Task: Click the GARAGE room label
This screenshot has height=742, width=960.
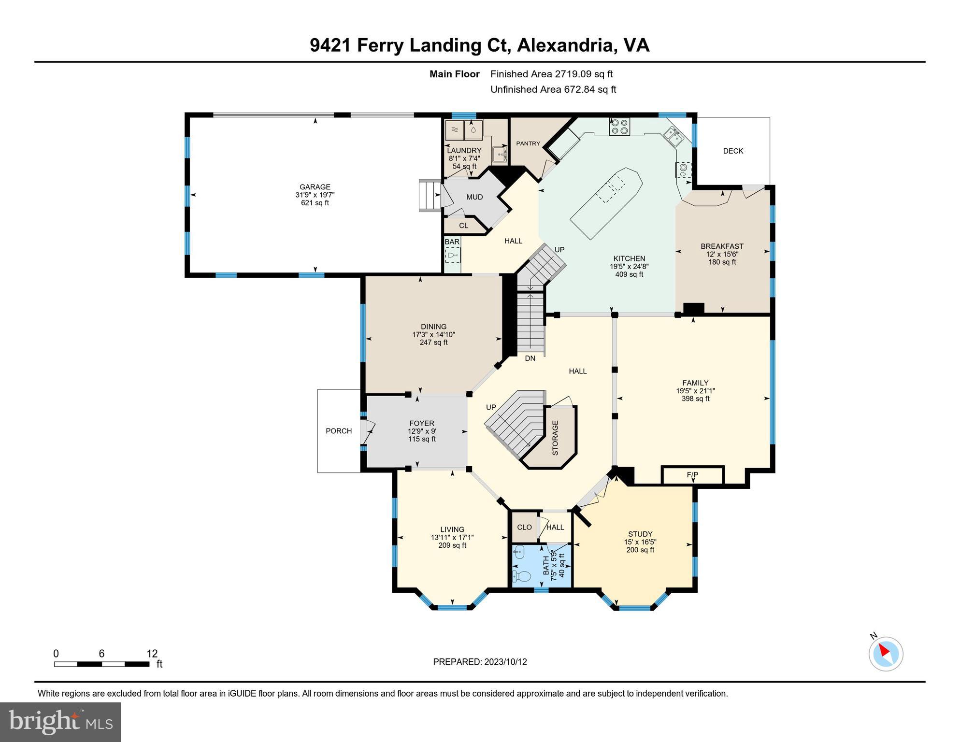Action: click(x=315, y=187)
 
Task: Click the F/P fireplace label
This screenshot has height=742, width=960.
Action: click(x=692, y=475)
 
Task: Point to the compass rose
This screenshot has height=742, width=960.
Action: click(x=886, y=654)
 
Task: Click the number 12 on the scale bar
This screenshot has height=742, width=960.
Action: click(x=152, y=654)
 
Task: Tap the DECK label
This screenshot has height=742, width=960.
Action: click(x=733, y=151)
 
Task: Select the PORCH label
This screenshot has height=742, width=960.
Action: click(x=339, y=431)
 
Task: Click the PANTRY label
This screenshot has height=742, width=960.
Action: click(x=528, y=143)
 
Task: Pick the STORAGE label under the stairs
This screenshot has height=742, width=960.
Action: click(x=555, y=438)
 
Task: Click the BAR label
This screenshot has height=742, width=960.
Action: click(x=452, y=242)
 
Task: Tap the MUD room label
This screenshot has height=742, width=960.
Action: click(x=474, y=197)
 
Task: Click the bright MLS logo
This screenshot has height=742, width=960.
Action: click(x=60, y=722)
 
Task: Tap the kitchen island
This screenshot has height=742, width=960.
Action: click(x=606, y=203)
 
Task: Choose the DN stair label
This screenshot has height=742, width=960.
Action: click(x=530, y=358)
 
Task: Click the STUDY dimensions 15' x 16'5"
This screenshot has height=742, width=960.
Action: click(x=640, y=542)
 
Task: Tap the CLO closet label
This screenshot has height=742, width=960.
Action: click(x=524, y=527)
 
